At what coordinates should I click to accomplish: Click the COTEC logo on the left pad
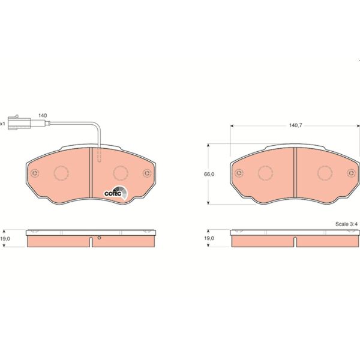pyautogui.click(x=115, y=193)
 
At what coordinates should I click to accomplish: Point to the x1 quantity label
pyautogui.click(x=3, y=124)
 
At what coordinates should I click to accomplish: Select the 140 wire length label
pyautogui.click(x=43, y=115)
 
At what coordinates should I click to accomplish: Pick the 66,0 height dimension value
pyautogui.click(x=209, y=174)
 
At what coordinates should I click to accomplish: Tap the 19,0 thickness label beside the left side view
pyautogui.click(x=5, y=238)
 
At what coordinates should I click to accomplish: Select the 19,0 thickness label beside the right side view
pyautogui.click(x=209, y=238)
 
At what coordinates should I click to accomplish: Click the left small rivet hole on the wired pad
pyautogui.click(x=35, y=174)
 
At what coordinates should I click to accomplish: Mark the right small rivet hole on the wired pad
pyautogui.click(x=146, y=174)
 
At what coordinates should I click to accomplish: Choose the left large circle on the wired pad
pyautogui.click(x=62, y=173)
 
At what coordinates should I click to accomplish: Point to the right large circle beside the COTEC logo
pyautogui.click(x=120, y=173)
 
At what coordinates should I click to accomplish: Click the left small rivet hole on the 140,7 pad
pyautogui.click(x=239, y=174)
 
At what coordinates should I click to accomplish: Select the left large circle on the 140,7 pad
pyautogui.click(x=266, y=173)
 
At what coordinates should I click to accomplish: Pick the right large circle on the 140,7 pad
pyautogui.click(x=324, y=173)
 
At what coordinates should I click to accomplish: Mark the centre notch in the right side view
pyautogui.click(x=295, y=241)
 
